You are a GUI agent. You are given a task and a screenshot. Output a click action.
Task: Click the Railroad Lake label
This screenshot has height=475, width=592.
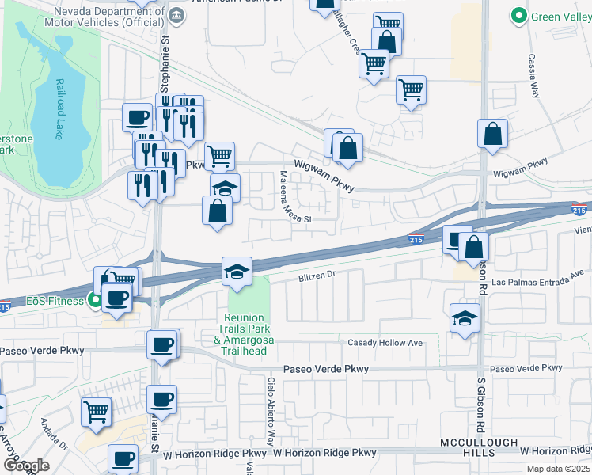58,110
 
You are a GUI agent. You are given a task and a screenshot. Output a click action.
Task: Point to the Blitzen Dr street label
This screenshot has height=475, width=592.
318,276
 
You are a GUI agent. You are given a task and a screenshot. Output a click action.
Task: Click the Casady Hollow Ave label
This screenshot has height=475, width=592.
385,343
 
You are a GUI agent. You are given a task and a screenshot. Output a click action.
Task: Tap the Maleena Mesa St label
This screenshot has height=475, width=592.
287,198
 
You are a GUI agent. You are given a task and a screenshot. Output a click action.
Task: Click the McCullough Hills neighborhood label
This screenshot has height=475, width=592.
480,447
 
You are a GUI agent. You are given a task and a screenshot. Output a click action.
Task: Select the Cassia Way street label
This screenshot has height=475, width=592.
532,76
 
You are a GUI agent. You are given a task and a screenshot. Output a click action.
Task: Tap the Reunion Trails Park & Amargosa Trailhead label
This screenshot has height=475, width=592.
246,329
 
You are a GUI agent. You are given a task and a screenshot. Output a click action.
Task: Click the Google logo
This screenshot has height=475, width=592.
26,466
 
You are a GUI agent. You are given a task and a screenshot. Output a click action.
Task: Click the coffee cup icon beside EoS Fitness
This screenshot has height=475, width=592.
117,298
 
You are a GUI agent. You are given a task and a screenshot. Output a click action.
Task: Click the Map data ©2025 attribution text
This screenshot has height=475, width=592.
557,469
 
